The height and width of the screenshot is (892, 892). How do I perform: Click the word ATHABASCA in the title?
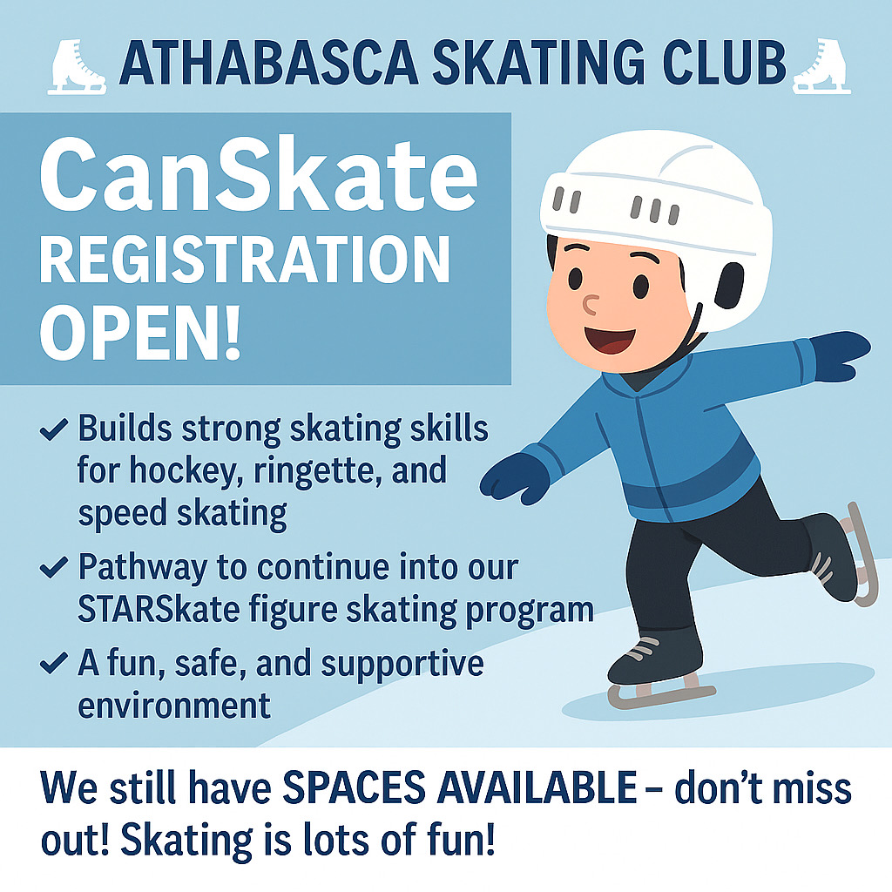[268, 63]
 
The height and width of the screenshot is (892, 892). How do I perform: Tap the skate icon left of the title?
[77, 66]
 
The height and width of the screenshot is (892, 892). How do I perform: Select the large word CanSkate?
[258, 174]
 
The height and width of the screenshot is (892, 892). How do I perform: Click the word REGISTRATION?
[245, 260]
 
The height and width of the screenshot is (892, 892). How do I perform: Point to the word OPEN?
[140, 334]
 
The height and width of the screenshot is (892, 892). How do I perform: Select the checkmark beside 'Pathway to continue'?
[54, 568]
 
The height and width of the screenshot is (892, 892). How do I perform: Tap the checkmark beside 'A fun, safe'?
[54, 663]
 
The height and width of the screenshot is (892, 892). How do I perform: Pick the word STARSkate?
[159, 611]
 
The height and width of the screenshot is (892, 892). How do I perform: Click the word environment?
[174, 706]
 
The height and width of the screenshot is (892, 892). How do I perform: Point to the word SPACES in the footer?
[354, 788]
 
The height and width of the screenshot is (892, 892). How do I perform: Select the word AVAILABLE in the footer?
[537, 788]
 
